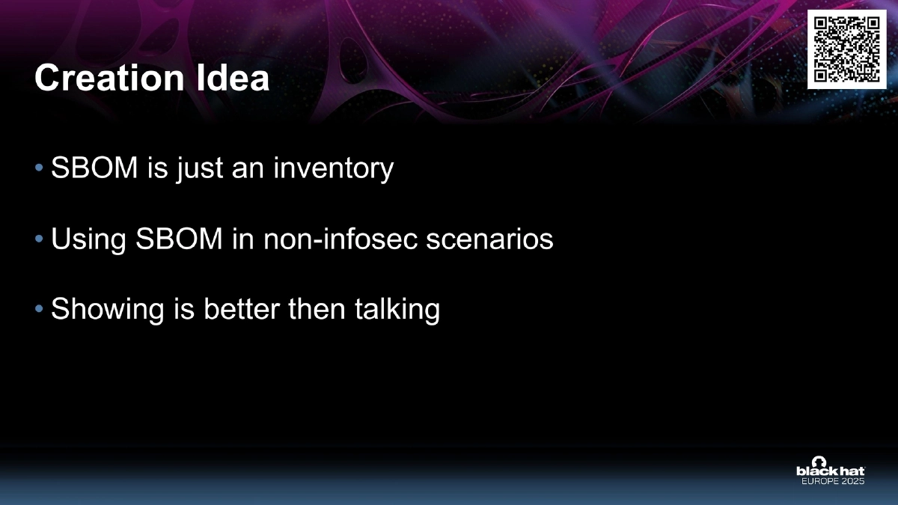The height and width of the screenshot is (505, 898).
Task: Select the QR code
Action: click(x=846, y=49)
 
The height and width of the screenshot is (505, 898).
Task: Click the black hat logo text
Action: click(x=830, y=471)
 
